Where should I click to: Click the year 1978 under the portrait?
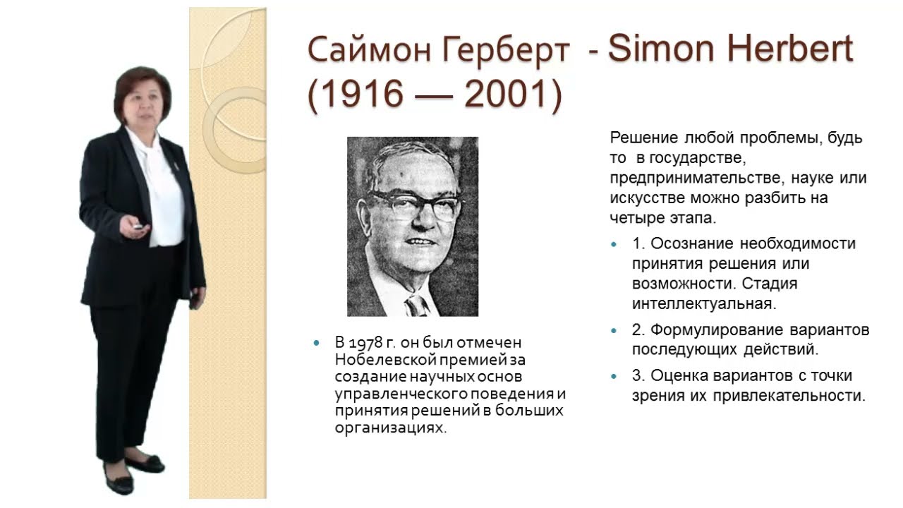(367, 343)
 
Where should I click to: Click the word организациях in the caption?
(391, 428)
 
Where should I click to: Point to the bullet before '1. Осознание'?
(614, 244)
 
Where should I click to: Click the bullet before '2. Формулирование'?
(614, 330)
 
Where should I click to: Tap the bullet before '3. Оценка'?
(614, 376)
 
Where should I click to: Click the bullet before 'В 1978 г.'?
(316, 343)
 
